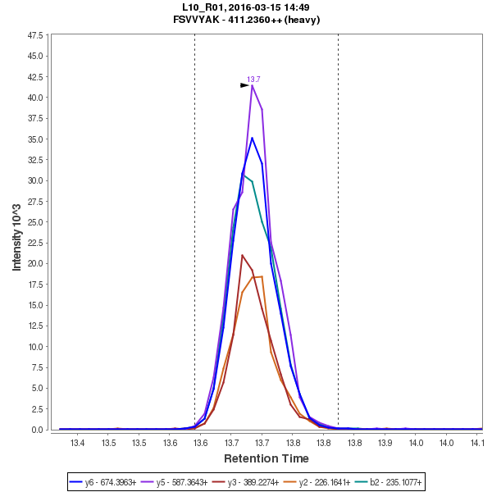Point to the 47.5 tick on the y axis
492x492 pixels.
pyautogui.click(x=36, y=36)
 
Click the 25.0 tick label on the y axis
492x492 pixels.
pyautogui.click(x=36, y=222)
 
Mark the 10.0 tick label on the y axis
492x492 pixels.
pyautogui.click(x=36, y=347)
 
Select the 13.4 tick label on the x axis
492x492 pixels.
pyautogui.click(x=78, y=443)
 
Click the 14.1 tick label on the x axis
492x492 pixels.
pyautogui.click(x=476, y=443)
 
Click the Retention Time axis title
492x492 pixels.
pyautogui.click(x=266, y=458)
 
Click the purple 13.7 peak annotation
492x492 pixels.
pyautogui.click(x=253, y=79)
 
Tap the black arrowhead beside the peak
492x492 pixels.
pyautogui.click(x=244, y=85)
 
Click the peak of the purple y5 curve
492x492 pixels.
pyautogui.click(x=253, y=84)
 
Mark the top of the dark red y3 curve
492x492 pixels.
pyautogui.click(x=242, y=255)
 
